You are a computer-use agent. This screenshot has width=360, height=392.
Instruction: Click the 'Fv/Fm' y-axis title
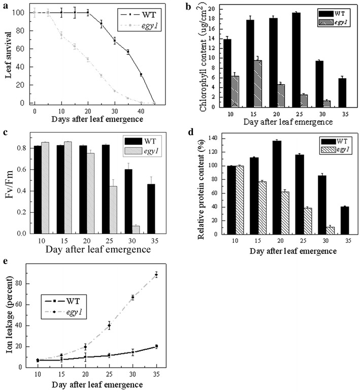(9, 182)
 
